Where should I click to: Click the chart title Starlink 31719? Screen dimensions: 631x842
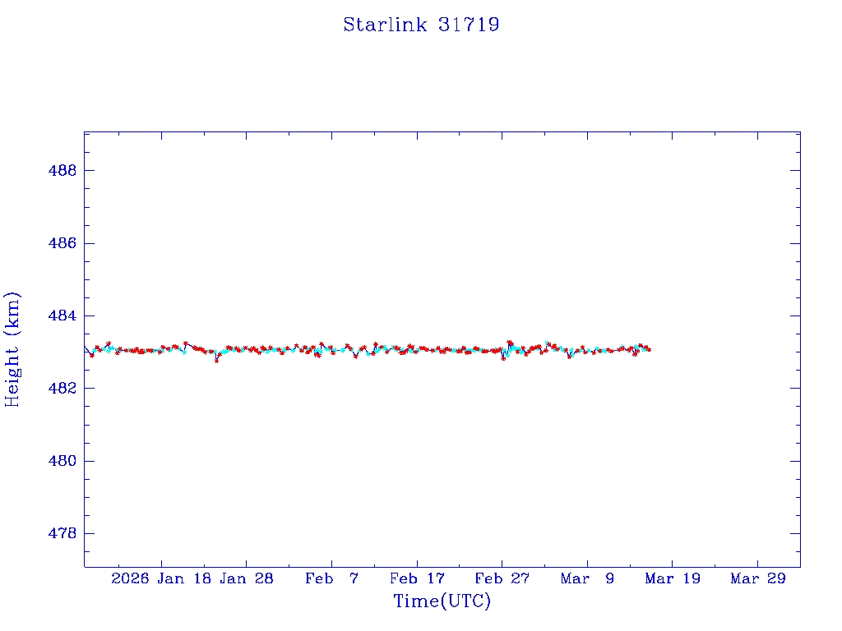pos(421,25)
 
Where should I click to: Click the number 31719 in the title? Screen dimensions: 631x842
pos(469,25)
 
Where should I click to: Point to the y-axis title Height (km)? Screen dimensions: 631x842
pos(12,349)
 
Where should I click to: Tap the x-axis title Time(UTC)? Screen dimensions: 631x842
pos(442,601)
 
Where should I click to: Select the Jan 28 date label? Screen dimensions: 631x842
pos(247,578)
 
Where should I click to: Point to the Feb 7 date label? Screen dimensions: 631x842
pos(332,578)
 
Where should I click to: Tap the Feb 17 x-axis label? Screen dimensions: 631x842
pos(417,578)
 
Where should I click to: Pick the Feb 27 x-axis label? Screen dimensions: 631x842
pos(502,578)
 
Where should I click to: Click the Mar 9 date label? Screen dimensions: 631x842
pos(587,578)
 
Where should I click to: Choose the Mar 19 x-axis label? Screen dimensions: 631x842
pos(673,578)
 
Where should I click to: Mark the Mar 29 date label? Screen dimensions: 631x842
pos(758,578)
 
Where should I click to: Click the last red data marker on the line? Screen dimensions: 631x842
pos(649,349)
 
